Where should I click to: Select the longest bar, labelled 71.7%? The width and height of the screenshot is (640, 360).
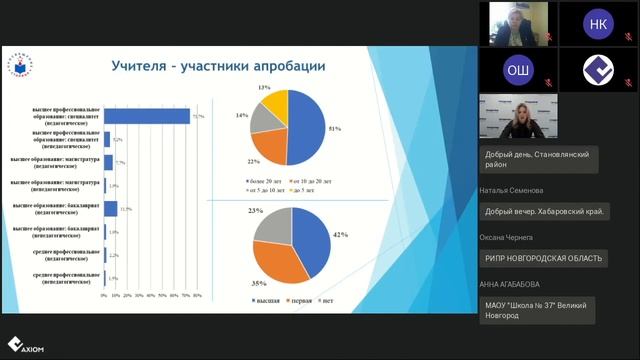(x=147, y=116)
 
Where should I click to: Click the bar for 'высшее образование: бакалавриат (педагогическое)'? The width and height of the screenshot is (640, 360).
(x=111, y=208)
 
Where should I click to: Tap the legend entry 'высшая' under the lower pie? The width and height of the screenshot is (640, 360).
(x=265, y=299)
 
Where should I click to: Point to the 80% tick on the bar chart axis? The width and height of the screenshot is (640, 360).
(x=198, y=296)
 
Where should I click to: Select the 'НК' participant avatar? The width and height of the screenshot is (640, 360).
(x=596, y=23)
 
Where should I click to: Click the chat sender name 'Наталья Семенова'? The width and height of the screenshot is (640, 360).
(x=512, y=189)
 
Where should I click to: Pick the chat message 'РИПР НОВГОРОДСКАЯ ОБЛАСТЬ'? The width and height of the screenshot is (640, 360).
(x=544, y=258)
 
